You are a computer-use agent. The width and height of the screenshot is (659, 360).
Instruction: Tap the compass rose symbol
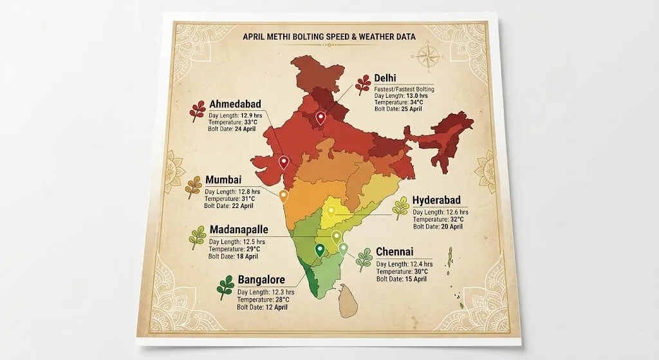428,56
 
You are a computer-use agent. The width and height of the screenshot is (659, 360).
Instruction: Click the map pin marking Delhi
320,117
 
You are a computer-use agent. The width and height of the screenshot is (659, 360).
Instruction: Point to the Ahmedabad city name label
236,105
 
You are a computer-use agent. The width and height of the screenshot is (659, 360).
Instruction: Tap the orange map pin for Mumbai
284,196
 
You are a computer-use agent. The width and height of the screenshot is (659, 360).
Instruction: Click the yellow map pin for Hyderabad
331,212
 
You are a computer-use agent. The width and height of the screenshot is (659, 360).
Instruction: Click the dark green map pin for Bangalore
320,250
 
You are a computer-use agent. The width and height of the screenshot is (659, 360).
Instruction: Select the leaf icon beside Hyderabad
401,208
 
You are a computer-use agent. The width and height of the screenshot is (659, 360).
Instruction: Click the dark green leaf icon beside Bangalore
225,288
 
